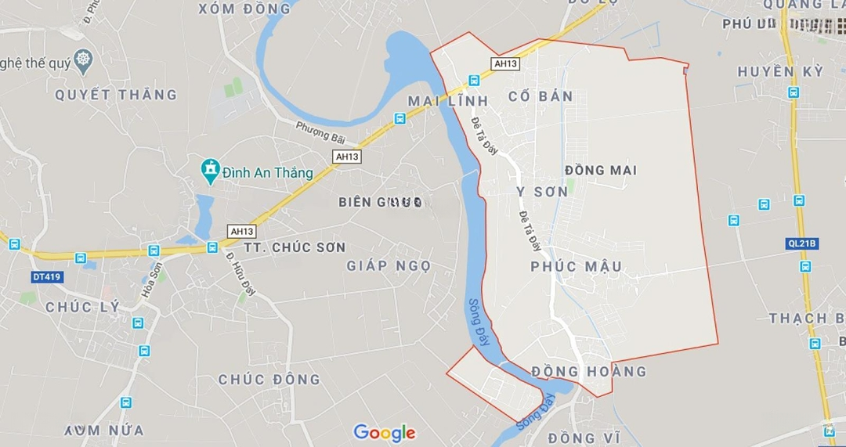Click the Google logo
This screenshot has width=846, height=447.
384,432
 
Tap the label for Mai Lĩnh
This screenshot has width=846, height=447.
448,101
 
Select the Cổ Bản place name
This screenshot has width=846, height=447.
540,97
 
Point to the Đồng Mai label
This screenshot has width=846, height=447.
601,170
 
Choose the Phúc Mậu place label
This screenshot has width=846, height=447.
576,267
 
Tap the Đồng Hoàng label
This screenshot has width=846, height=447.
589,371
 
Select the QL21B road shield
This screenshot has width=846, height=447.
801,243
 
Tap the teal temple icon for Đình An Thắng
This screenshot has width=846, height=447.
210,170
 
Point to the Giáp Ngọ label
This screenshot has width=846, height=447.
389,266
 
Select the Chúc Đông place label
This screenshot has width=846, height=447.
269,380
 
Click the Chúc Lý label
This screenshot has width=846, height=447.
83,307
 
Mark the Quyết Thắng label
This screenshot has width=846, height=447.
116,95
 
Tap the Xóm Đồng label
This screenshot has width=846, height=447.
244,9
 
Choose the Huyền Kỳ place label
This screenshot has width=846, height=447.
780,72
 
